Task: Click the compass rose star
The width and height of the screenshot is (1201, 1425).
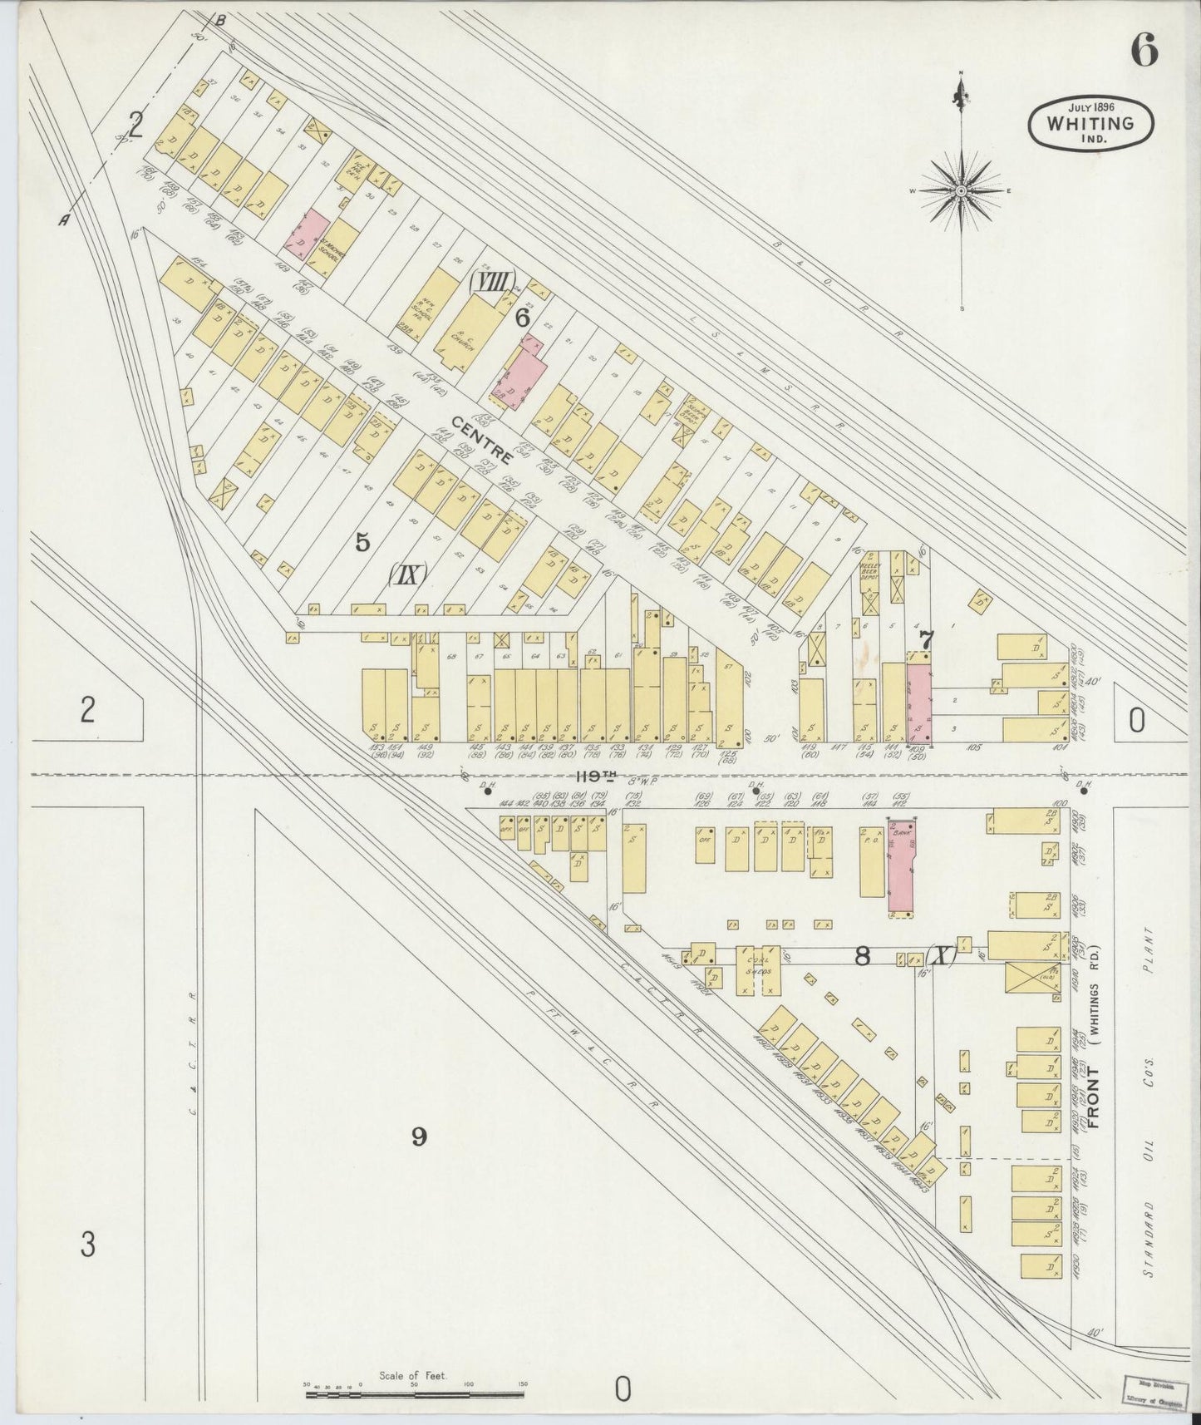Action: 961,191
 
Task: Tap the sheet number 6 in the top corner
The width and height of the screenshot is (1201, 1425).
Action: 1143,52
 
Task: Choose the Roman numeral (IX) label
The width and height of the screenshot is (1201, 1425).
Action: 406,574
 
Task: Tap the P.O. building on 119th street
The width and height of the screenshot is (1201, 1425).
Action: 871,861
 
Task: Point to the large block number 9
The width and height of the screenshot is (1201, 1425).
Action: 419,1136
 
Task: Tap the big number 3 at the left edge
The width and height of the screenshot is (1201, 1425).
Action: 88,1245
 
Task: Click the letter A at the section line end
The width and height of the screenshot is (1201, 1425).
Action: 63,219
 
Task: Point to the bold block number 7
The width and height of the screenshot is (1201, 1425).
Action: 926,639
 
